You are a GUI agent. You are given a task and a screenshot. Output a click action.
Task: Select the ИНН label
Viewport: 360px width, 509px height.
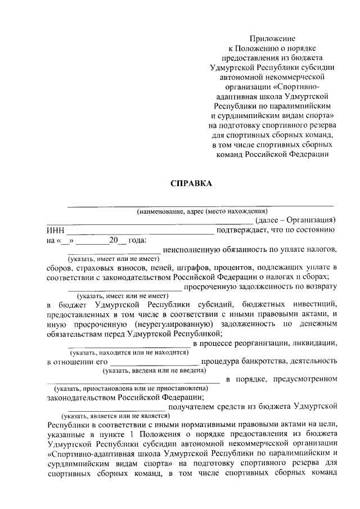click(56, 230)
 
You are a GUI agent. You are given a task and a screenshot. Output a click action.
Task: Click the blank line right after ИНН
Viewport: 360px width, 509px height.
click(139, 231)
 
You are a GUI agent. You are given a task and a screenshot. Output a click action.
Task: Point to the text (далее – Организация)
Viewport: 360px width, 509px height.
click(295, 220)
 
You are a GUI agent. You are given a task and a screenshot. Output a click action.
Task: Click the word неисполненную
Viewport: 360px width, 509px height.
click(191, 249)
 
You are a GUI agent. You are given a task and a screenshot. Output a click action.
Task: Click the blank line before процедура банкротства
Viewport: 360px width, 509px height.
click(154, 362)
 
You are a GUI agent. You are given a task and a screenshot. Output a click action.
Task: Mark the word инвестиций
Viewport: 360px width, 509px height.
click(312, 304)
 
